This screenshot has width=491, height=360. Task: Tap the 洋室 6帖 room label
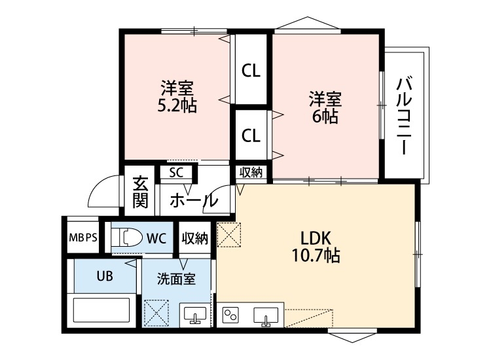[325, 108]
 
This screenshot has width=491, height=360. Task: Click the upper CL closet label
[251, 71]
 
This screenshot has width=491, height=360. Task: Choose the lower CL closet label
[251, 135]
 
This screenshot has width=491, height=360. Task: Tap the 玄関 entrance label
[140, 191]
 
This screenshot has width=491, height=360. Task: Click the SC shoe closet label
[175, 173]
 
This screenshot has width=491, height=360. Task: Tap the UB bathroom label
[105, 276]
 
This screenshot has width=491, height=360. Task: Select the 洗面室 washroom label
[176, 278]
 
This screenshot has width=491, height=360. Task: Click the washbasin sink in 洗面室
[194, 315]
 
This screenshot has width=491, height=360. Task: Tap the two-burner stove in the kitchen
[232, 315]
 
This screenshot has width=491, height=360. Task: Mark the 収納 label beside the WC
[195, 238]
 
